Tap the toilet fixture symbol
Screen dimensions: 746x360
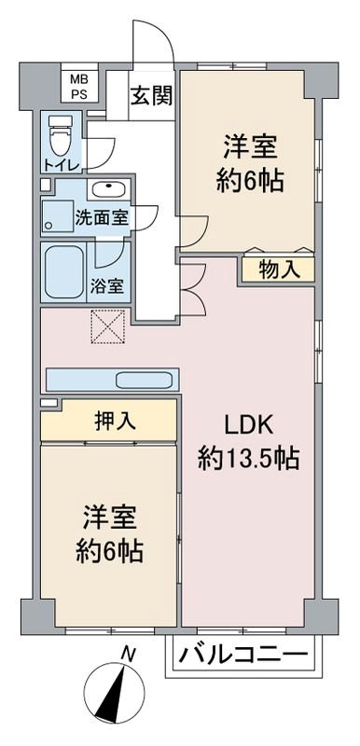coord(59,136)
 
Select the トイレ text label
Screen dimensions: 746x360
coord(61,165)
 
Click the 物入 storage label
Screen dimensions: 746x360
coord(278,270)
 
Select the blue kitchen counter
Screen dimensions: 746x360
coord(111,380)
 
